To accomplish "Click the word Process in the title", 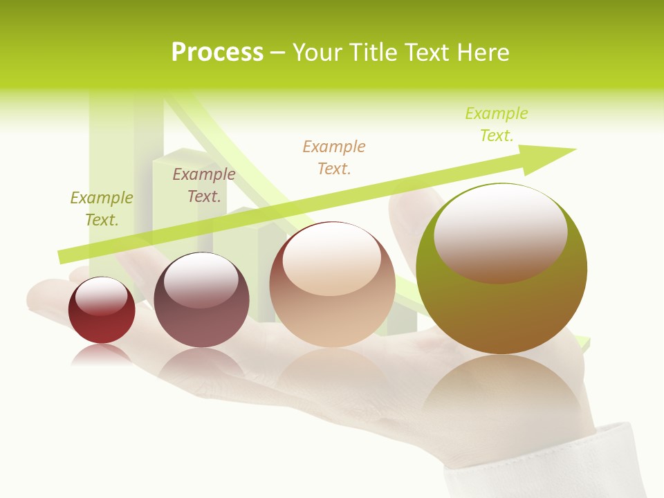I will pos(217,52).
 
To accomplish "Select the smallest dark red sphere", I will pos(102,311).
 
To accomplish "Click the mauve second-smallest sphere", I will pos(201,300).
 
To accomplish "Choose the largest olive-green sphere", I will pos(501,268).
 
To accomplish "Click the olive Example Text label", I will pos(101,208).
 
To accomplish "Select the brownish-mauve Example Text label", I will pos(203,185).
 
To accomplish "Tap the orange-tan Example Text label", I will pos(333,157).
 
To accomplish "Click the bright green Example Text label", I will pos(496,124).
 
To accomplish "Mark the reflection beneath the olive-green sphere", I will pos(501,391).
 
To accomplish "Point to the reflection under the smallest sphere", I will pos(102,354).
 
